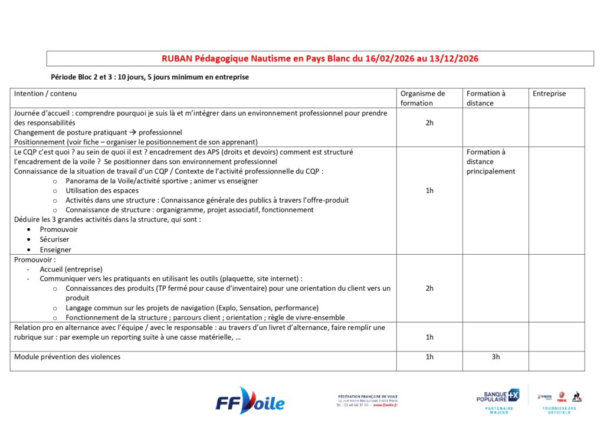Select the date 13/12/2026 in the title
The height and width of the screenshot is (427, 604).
pos(455,58)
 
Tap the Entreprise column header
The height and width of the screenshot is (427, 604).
pos(549,94)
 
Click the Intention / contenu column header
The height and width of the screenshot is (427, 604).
pos(45,94)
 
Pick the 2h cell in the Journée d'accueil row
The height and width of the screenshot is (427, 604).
pos(429,123)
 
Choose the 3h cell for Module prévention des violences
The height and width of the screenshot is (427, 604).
pos(495,357)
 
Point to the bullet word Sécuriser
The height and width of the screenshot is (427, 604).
pos(54,239)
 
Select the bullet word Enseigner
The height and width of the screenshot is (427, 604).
pos(55,249)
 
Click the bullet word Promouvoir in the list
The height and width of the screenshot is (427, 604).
pos(58,229)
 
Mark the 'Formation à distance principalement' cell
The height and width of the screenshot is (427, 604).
pos(491,162)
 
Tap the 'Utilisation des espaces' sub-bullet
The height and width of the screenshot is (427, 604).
pos(102,190)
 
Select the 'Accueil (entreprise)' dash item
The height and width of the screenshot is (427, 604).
pos(71,269)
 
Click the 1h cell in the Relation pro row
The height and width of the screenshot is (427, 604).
pos(429,337)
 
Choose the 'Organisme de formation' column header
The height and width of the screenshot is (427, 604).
pos(422,98)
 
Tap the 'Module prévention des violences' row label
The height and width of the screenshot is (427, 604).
pos(67,357)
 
